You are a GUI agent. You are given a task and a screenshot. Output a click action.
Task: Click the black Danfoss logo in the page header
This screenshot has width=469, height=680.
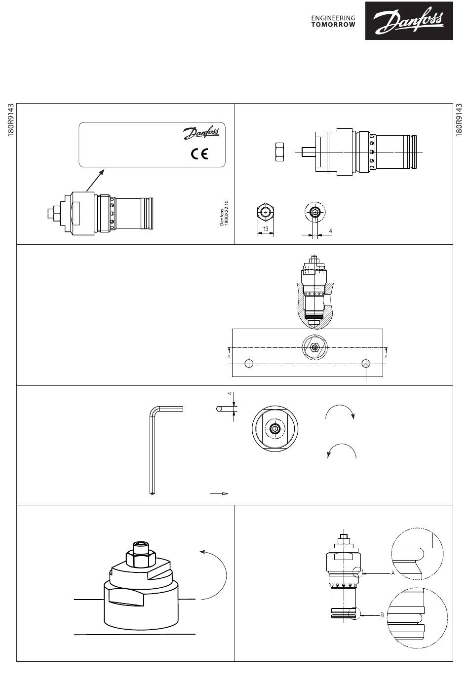(x=408, y=20)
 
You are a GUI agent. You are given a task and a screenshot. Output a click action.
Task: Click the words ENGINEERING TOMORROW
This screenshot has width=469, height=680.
(x=333, y=21)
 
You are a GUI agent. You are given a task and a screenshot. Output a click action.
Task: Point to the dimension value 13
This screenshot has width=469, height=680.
(x=265, y=228)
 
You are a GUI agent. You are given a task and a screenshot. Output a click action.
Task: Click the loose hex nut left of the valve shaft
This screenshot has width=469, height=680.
(x=279, y=151)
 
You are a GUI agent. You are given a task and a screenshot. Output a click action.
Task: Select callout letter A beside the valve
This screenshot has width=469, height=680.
(x=392, y=573)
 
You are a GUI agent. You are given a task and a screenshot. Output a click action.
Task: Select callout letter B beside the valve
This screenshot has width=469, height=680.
(x=382, y=615)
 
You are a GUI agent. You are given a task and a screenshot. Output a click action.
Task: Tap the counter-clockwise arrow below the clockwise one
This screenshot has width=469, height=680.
(x=342, y=450)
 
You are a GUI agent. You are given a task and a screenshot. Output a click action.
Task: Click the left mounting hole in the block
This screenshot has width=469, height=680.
(x=249, y=364)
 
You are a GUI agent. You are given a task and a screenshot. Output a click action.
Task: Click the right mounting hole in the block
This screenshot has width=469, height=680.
(x=366, y=364)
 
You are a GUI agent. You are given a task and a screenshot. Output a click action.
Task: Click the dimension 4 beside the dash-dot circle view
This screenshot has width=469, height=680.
(x=330, y=230)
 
